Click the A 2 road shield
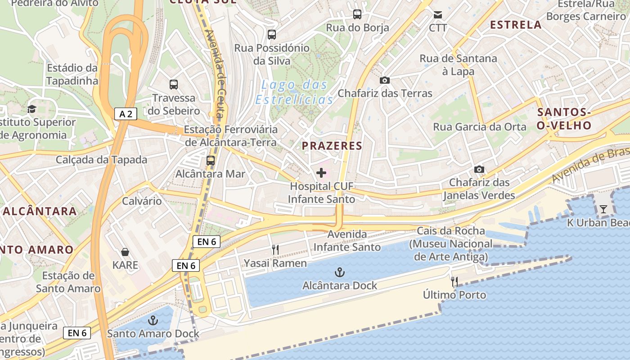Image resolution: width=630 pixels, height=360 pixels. (126, 114)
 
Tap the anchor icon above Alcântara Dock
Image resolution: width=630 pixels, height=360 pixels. (340, 272)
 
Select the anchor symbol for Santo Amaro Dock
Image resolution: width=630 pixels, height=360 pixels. (153, 320)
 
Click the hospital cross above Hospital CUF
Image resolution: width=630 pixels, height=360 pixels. (321, 173)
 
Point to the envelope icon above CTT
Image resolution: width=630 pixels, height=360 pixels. (437, 15)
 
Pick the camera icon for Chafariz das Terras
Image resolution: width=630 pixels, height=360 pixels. (385, 80)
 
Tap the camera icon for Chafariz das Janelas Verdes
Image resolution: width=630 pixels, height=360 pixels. (479, 169)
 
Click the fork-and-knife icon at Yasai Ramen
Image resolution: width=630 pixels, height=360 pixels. (275, 250)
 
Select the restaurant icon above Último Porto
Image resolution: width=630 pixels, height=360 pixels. (454, 282)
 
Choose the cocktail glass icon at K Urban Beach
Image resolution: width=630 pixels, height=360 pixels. (603, 209)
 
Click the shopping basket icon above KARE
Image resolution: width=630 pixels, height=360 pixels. (125, 252)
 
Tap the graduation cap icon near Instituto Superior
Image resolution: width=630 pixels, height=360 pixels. (31, 109)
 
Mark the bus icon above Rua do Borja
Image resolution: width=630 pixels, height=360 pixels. (357, 14)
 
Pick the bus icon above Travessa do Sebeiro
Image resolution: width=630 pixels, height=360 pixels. (174, 84)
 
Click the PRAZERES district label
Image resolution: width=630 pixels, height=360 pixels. (332, 146)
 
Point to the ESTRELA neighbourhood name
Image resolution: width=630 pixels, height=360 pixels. (516, 25)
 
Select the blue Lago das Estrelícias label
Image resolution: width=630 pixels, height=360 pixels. (294, 92)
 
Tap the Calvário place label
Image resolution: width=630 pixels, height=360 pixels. (142, 201)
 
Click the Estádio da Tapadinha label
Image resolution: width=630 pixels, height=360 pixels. (72, 74)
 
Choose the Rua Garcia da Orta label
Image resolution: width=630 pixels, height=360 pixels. (480, 127)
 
